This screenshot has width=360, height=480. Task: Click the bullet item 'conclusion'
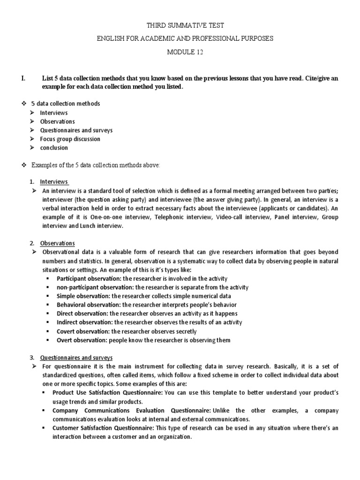pyautogui.click(x=54, y=148)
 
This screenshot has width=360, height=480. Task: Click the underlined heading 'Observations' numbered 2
pyautogui.click(x=57, y=243)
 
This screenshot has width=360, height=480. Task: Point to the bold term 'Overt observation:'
pyautogui.click(x=79, y=340)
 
